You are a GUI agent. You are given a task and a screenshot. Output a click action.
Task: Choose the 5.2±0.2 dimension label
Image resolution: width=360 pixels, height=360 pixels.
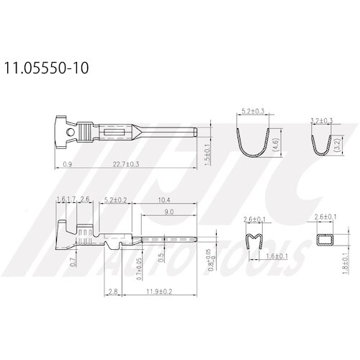[x=117, y=199]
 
